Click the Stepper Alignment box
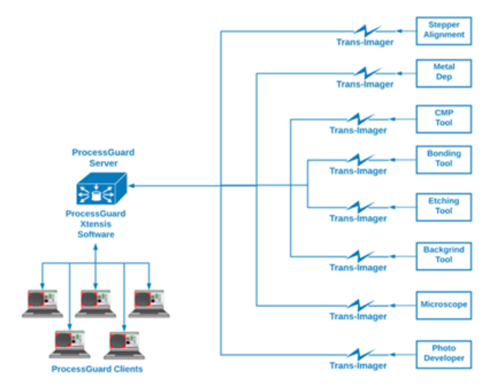tap(444, 30)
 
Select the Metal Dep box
tap(444, 73)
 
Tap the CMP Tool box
tap(444, 118)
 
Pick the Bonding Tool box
tap(444, 158)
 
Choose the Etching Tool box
tap(444, 206)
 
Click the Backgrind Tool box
tap(444, 255)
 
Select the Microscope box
tap(444, 304)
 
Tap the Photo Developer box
tap(444, 353)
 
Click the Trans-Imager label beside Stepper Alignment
tap(365, 42)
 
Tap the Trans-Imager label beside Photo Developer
tap(358, 365)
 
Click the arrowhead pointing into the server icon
tap(131, 186)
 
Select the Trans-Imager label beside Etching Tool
tap(358, 218)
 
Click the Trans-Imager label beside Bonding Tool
tap(358, 171)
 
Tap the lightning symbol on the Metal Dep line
tap(366, 73)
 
